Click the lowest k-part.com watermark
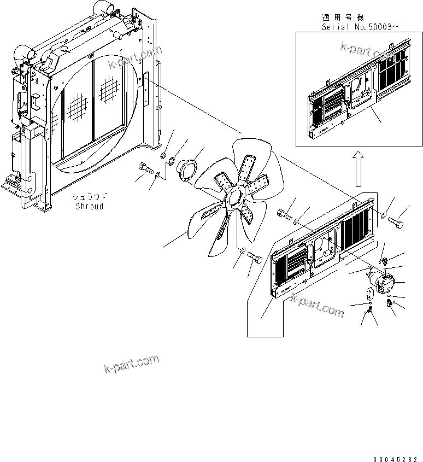click(131, 364)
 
